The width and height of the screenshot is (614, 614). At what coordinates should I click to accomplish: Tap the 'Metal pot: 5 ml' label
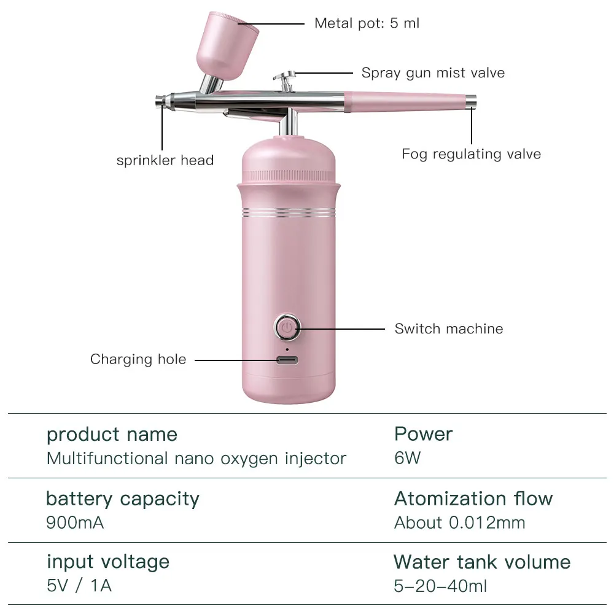point(367,23)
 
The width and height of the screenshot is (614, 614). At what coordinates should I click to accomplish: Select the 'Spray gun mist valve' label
point(433,73)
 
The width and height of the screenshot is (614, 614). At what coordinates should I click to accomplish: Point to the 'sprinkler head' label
point(165,161)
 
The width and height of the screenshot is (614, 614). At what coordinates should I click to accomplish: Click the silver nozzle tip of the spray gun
point(161,101)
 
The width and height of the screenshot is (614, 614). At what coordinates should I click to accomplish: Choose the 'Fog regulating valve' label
point(471,153)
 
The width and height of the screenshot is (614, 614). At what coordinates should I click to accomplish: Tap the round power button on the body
point(286,328)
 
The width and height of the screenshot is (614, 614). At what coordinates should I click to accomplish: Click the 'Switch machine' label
point(448,328)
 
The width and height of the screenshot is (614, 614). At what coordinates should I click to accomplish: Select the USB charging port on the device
point(286,360)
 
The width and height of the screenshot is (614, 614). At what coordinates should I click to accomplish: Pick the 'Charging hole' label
point(138,359)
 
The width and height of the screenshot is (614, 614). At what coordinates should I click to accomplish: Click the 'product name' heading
point(112,435)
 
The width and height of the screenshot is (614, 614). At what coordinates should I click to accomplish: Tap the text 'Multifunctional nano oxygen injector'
point(196,459)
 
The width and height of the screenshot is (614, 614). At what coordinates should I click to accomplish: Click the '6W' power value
point(407,459)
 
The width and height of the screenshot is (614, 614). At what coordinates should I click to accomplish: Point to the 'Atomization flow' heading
point(473,499)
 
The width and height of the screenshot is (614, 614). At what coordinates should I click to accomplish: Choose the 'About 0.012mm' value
point(459,523)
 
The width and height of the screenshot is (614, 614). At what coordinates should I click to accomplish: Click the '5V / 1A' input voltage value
point(79,586)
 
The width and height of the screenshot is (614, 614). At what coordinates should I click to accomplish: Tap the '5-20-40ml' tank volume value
point(440,586)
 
